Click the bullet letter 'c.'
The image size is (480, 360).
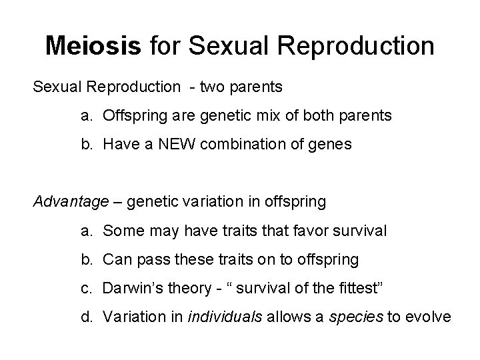(x=87, y=288)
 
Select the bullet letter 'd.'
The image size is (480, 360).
(x=87, y=317)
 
